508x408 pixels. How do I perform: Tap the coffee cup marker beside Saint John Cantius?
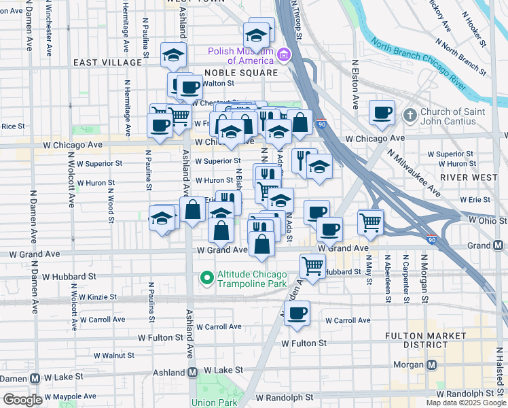tap(382, 112)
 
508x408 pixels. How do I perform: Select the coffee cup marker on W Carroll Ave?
tap(297, 313)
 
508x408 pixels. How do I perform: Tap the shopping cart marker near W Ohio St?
tap(370, 222)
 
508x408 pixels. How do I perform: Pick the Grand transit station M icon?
tap(498, 245)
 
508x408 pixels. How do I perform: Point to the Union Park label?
tap(213, 403)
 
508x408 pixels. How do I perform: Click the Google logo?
tap(22, 399)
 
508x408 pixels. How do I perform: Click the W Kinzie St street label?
tap(97, 297)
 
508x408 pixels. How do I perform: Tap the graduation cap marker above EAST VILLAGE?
tap(173, 54)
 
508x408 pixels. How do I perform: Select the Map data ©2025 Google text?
tap(465, 403)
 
